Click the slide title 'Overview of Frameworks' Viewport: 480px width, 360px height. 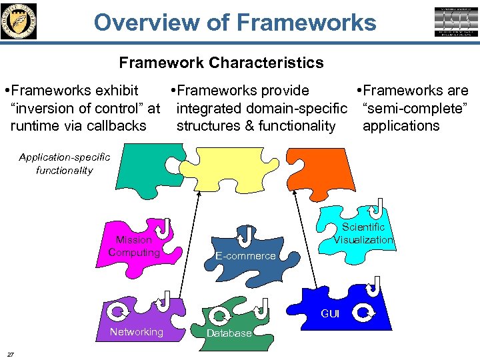[235, 22]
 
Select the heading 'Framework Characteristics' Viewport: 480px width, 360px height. [221, 63]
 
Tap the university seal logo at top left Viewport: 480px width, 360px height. [19, 21]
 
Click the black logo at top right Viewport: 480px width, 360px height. [457, 21]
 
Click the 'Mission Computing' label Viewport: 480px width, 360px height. [134, 246]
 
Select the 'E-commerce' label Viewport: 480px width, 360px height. [245, 256]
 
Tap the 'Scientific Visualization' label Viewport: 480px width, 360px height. [363, 233]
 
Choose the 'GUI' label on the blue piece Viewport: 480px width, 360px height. [330, 313]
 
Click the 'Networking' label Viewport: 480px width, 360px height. [136, 332]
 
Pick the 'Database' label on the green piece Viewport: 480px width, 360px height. [229, 333]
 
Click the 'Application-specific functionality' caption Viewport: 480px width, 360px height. [65, 163]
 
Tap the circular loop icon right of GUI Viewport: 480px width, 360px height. [364, 312]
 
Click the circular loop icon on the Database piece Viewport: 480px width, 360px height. [218, 314]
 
